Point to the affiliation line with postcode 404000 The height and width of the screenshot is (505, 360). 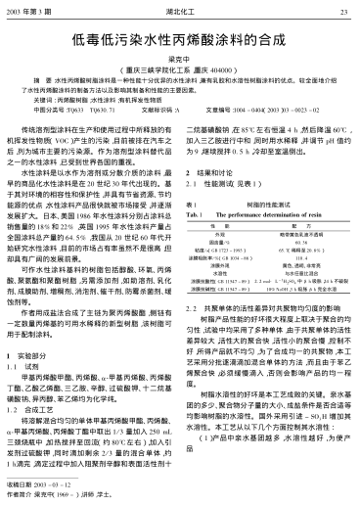click(x=180, y=73)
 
